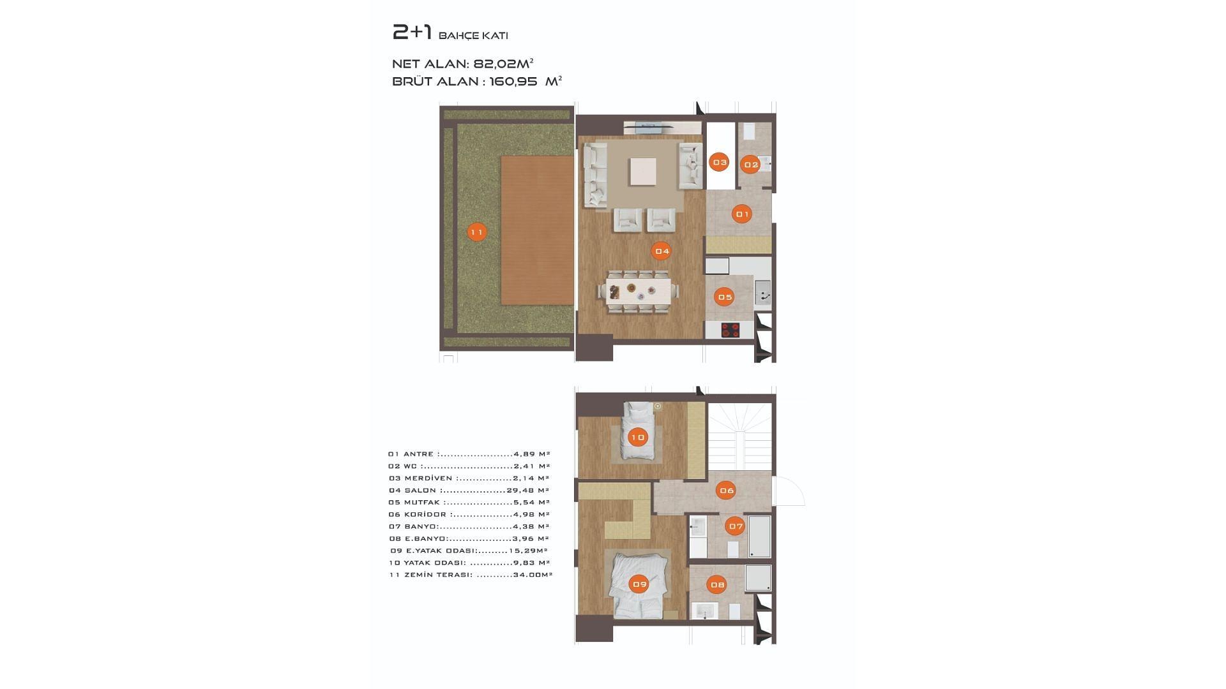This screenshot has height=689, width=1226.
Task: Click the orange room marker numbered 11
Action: click(x=476, y=232)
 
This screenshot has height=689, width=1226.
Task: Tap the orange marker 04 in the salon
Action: click(x=662, y=251)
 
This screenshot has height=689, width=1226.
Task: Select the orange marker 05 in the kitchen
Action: click(x=725, y=297)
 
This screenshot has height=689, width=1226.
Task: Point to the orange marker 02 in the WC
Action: click(x=750, y=165)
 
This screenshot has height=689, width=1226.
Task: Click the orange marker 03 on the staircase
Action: click(x=720, y=162)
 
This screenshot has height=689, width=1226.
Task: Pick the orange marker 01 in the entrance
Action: click(x=742, y=214)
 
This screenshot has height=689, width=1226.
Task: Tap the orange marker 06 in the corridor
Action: click(x=726, y=490)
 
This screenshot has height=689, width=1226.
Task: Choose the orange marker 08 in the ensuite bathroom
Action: click(x=717, y=584)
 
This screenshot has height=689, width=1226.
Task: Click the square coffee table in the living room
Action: click(x=643, y=172)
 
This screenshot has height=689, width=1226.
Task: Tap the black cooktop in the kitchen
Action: click(x=730, y=330)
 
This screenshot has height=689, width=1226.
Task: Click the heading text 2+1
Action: click(x=412, y=32)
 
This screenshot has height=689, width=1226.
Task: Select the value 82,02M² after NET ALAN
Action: click(x=503, y=64)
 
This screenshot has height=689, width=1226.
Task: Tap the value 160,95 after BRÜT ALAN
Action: click(x=513, y=81)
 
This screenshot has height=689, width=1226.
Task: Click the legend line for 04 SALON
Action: click(x=469, y=491)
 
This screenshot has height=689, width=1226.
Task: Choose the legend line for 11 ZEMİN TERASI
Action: click(x=471, y=575)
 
